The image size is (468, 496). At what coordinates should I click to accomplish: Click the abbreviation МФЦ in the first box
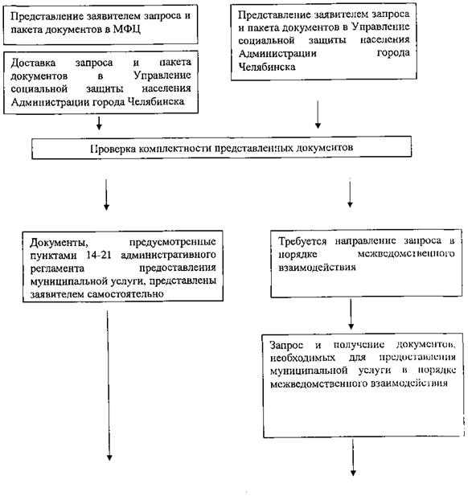(127, 30)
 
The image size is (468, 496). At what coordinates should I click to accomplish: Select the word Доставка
(33, 64)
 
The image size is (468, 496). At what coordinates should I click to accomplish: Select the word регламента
(57, 268)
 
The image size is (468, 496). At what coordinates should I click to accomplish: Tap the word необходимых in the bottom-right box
(302, 358)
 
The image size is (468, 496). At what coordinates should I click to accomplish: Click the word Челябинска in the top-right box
(267, 67)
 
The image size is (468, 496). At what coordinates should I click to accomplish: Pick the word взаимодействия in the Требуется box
(317, 268)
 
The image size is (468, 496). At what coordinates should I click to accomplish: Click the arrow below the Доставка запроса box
(99, 123)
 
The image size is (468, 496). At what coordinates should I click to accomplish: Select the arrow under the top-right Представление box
(318, 114)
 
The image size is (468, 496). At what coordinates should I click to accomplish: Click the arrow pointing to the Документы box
(106, 195)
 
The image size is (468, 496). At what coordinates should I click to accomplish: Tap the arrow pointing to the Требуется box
(350, 193)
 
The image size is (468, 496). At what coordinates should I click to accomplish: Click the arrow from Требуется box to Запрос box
(351, 314)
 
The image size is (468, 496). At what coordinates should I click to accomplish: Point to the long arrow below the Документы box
(109, 386)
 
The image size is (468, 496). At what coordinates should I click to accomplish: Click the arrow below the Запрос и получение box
(353, 457)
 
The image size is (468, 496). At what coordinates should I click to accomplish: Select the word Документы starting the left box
(60, 243)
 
